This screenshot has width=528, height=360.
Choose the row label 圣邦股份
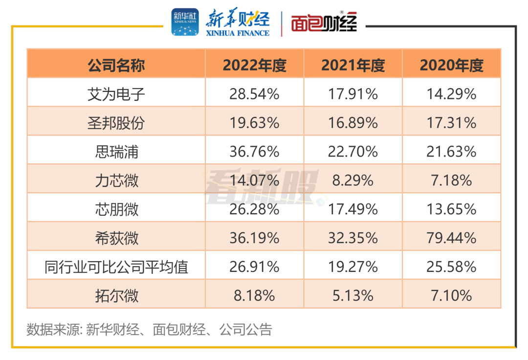pos(116,123)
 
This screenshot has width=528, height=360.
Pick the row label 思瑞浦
pos(116,152)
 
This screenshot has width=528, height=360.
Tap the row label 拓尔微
pos(116,295)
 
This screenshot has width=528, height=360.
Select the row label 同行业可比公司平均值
pos(116,267)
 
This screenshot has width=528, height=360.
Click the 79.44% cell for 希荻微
pos(451,238)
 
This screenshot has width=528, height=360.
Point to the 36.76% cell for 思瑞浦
pos(254,152)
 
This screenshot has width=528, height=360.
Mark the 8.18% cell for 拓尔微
pos(254,295)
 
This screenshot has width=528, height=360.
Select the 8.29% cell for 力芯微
pos(353,180)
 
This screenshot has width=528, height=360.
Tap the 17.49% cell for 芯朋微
pos(353,209)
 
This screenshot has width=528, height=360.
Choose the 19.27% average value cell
pos(353,267)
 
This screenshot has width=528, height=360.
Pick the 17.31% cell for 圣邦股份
pos(451,123)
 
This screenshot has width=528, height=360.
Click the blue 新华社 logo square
pos(185,22)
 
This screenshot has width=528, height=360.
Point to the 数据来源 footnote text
pos(149,330)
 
